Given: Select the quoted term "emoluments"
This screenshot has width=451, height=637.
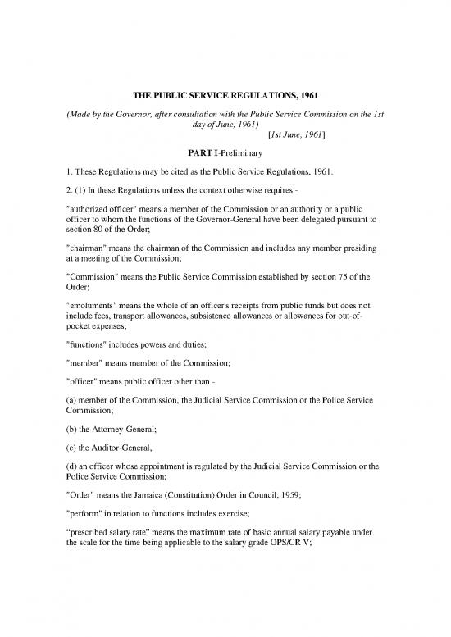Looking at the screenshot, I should (x=91, y=348).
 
